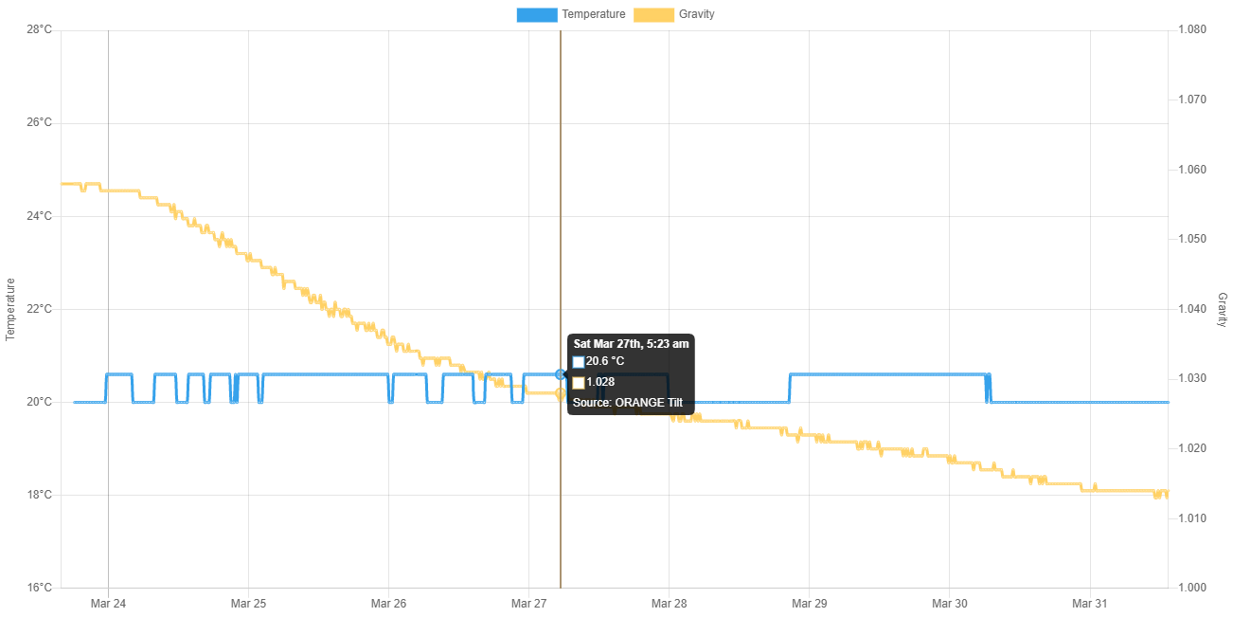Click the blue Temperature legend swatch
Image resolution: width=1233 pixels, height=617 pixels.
(x=536, y=14)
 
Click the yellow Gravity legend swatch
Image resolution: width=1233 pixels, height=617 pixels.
(x=653, y=14)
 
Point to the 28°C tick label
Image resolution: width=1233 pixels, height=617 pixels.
(x=39, y=29)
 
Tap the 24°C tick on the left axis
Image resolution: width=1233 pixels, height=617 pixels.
(x=39, y=216)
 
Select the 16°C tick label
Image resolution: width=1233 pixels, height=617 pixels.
(x=39, y=588)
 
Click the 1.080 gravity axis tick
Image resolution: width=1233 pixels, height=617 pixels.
(x=1191, y=29)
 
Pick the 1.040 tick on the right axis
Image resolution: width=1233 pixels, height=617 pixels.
(x=1191, y=309)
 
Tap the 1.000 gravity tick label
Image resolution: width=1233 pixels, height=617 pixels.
(x=1191, y=588)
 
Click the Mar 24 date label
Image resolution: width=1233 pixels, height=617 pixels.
(x=108, y=604)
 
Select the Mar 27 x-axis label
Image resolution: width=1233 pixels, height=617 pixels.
(x=528, y=604)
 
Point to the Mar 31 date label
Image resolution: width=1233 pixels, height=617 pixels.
(x=1089, y=604)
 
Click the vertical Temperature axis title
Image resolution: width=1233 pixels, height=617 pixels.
(x=11, y=309)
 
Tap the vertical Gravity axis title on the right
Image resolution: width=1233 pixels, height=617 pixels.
(x=1222, y=310)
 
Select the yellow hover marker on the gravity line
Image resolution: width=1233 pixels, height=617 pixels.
(x=561, y=392)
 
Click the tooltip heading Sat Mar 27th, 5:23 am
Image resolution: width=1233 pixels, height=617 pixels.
(x=631, y=344)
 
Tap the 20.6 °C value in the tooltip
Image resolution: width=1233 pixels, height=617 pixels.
(x=605, y=361)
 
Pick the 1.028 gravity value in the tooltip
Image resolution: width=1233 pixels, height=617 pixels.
(x=600, y=382)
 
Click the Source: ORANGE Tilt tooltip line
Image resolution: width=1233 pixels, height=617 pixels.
(x=627, y=402)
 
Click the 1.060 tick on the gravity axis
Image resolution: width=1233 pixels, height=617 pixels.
(x=1191, y=170)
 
